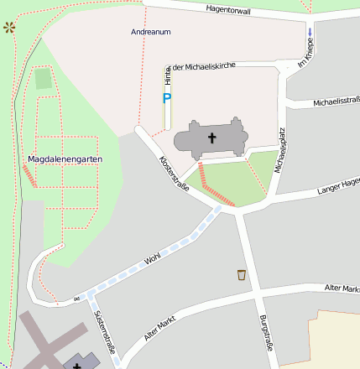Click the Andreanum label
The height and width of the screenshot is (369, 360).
pyautogui.click(x=151, y=32)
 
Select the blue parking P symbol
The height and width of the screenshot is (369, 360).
pyautogui.click(x=166, y=99)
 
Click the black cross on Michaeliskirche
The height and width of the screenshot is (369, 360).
pyautogui.click(x=212, y=138)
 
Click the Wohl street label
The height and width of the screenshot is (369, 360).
pyautogui.click(x=152, y=259)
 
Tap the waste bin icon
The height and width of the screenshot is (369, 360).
pyautogui.click(x=242, y=274)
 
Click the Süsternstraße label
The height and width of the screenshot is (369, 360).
pyautogui.click(x=105, y=329)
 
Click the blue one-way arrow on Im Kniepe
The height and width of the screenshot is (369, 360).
pyautogui.click(x=310, y=33)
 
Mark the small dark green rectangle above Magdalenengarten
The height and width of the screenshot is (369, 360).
pyautogui.click(x=43, y=79)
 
